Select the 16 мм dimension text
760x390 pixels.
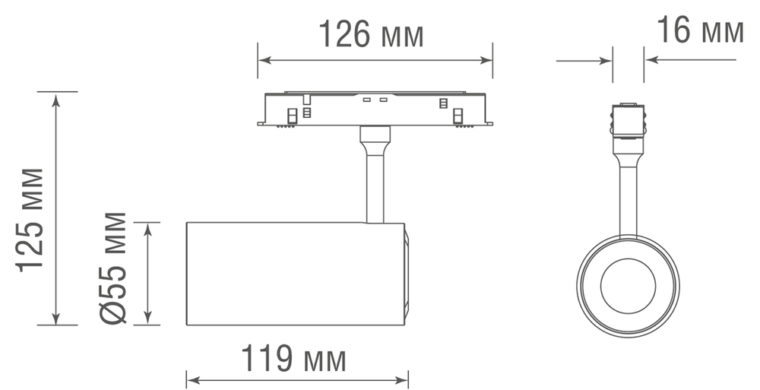[x=699, y=31]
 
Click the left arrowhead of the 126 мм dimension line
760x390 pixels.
[x=262, y=60]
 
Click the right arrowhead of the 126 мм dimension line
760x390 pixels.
[x=488, y=60]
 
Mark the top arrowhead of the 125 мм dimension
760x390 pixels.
[x=56, y=97]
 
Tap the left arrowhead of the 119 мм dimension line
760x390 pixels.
[x=192, y=379]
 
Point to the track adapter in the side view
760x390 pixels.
[x=375, y=109]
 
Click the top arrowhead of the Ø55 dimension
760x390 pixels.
[x=149, y=227]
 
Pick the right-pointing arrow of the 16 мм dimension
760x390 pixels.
[x=607, y=60]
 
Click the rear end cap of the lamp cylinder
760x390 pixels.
[x=407, y=274]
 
